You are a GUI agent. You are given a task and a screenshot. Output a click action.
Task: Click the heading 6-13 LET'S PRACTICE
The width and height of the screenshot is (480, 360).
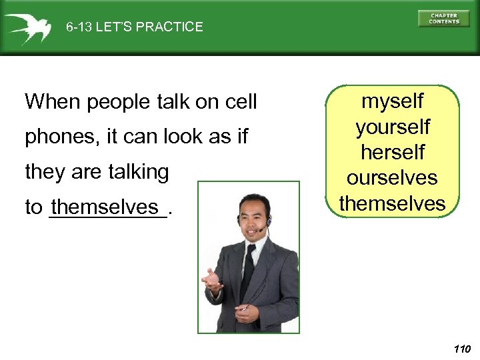134,27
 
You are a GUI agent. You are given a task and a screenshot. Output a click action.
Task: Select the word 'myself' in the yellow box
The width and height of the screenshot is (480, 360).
392,101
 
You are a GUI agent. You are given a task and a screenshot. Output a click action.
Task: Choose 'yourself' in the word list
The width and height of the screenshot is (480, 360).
392,127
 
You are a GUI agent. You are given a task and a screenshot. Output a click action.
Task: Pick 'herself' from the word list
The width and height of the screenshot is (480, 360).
392,152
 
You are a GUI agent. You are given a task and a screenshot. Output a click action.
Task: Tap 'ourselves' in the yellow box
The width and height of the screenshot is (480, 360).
392,178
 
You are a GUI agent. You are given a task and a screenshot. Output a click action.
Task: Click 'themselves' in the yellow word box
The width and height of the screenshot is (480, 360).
392,203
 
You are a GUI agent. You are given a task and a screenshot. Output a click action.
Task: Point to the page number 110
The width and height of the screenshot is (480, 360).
461,349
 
